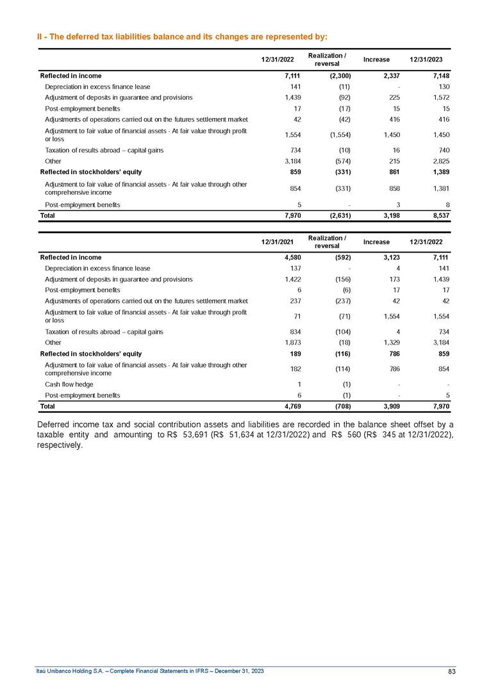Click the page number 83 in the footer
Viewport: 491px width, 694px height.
(451, 671)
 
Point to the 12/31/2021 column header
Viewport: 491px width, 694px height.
(277, 242)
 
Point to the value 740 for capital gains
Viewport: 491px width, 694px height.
(442, 149)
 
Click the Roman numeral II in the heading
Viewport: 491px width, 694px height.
(40, 36)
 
